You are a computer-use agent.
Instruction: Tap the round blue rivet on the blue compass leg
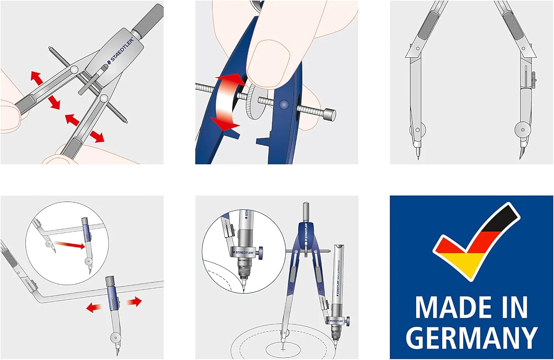pos(284,105)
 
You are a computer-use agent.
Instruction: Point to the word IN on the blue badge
pos(515,308)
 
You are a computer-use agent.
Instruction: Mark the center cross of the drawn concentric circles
pos(283,348)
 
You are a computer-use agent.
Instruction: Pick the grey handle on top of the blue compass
pos(305,212)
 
